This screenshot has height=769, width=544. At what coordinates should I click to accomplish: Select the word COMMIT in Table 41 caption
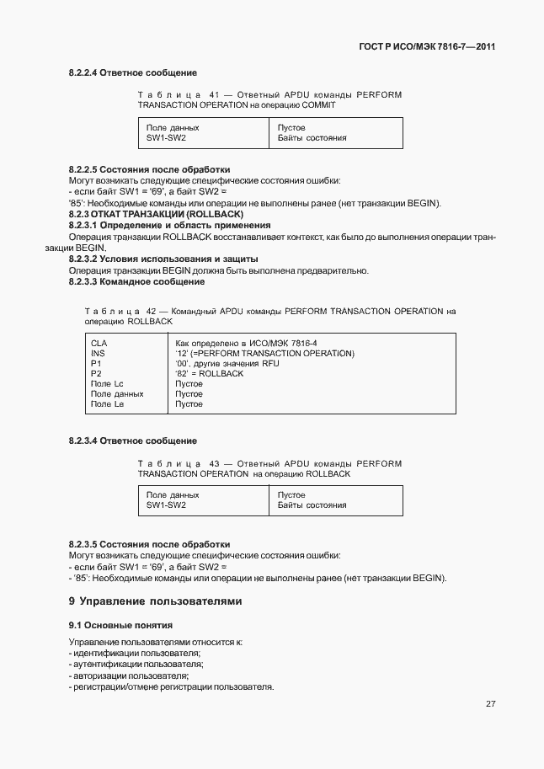point(317,105)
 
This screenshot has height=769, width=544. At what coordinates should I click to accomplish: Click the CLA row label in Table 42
point(99,344)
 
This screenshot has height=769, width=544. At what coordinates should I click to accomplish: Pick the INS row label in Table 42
point(97,354)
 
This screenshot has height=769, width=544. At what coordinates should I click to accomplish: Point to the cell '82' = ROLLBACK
point(209,374)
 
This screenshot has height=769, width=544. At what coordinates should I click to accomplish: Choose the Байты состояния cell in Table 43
point(312,505)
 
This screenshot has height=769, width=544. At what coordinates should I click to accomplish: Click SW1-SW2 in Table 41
point(166,137)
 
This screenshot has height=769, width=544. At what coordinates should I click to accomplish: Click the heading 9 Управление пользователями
point(155,601)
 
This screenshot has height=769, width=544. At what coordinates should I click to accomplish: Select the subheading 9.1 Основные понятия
point(120,626)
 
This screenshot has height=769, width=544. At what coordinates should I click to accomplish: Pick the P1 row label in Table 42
point(95,364)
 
